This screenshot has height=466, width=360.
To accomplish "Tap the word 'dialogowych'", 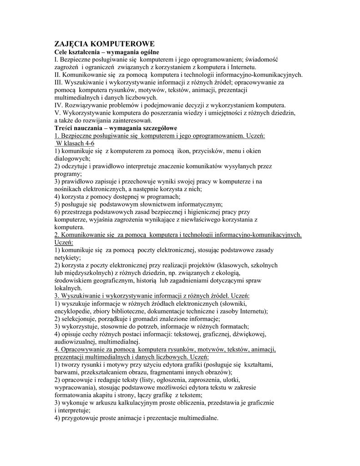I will click(71, 159).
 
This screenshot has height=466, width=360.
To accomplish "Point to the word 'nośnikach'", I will click(68, 189).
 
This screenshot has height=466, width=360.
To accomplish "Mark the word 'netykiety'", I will click(66, 258).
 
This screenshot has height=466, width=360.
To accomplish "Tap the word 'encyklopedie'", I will click(73, 311).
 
